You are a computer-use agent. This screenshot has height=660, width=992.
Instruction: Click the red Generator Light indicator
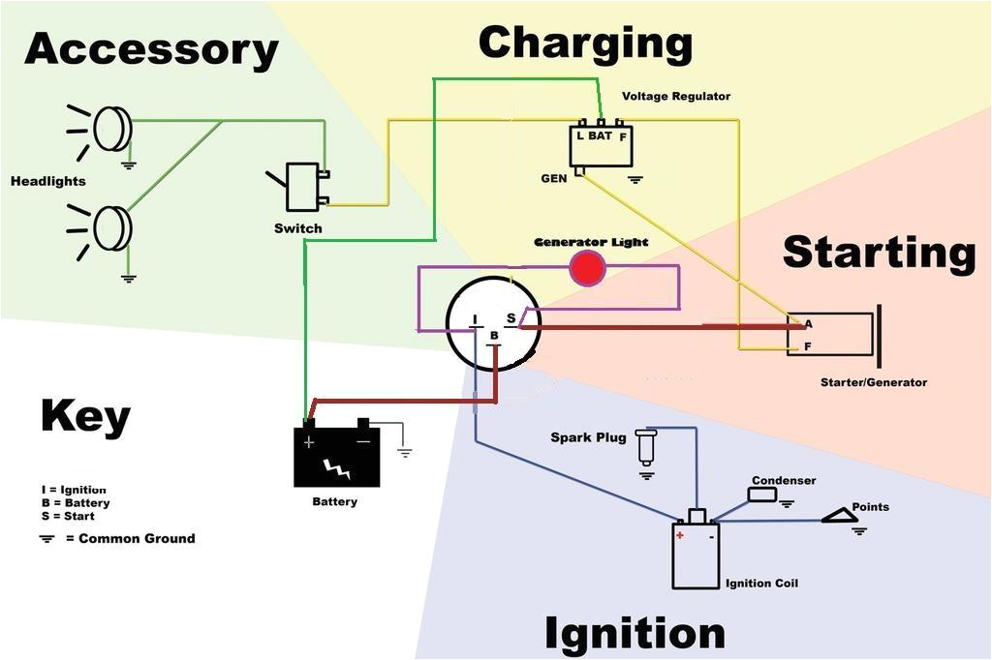[587, 268]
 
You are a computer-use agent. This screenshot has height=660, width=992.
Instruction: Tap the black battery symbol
[336, 456]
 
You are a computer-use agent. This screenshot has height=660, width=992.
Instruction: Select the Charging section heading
[585, 44]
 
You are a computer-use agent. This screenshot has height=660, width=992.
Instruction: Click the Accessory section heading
[151, 49]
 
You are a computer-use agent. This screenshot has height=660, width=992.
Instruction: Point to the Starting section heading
[878, 252]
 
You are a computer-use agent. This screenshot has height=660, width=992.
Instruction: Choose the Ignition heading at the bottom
[635, 634]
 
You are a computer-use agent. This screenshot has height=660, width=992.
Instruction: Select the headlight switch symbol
[302, 187]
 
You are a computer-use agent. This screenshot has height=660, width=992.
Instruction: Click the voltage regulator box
[601, 145]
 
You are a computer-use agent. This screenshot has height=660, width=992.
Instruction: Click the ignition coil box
[696, 554]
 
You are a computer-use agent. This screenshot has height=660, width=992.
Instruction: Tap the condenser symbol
[762, 495]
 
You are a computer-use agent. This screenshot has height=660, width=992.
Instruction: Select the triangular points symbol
[840, 517]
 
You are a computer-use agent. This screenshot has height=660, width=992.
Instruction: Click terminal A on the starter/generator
[808, 324]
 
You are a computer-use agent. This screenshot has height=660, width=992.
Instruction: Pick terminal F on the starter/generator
[808, 345]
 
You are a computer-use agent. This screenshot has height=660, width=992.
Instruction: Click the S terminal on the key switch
[511, 319]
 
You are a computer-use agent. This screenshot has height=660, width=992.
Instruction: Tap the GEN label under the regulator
[554, 179]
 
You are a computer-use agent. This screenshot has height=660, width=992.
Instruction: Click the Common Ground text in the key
[136, 538]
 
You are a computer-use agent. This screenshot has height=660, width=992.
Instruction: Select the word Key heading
[85, 416]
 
